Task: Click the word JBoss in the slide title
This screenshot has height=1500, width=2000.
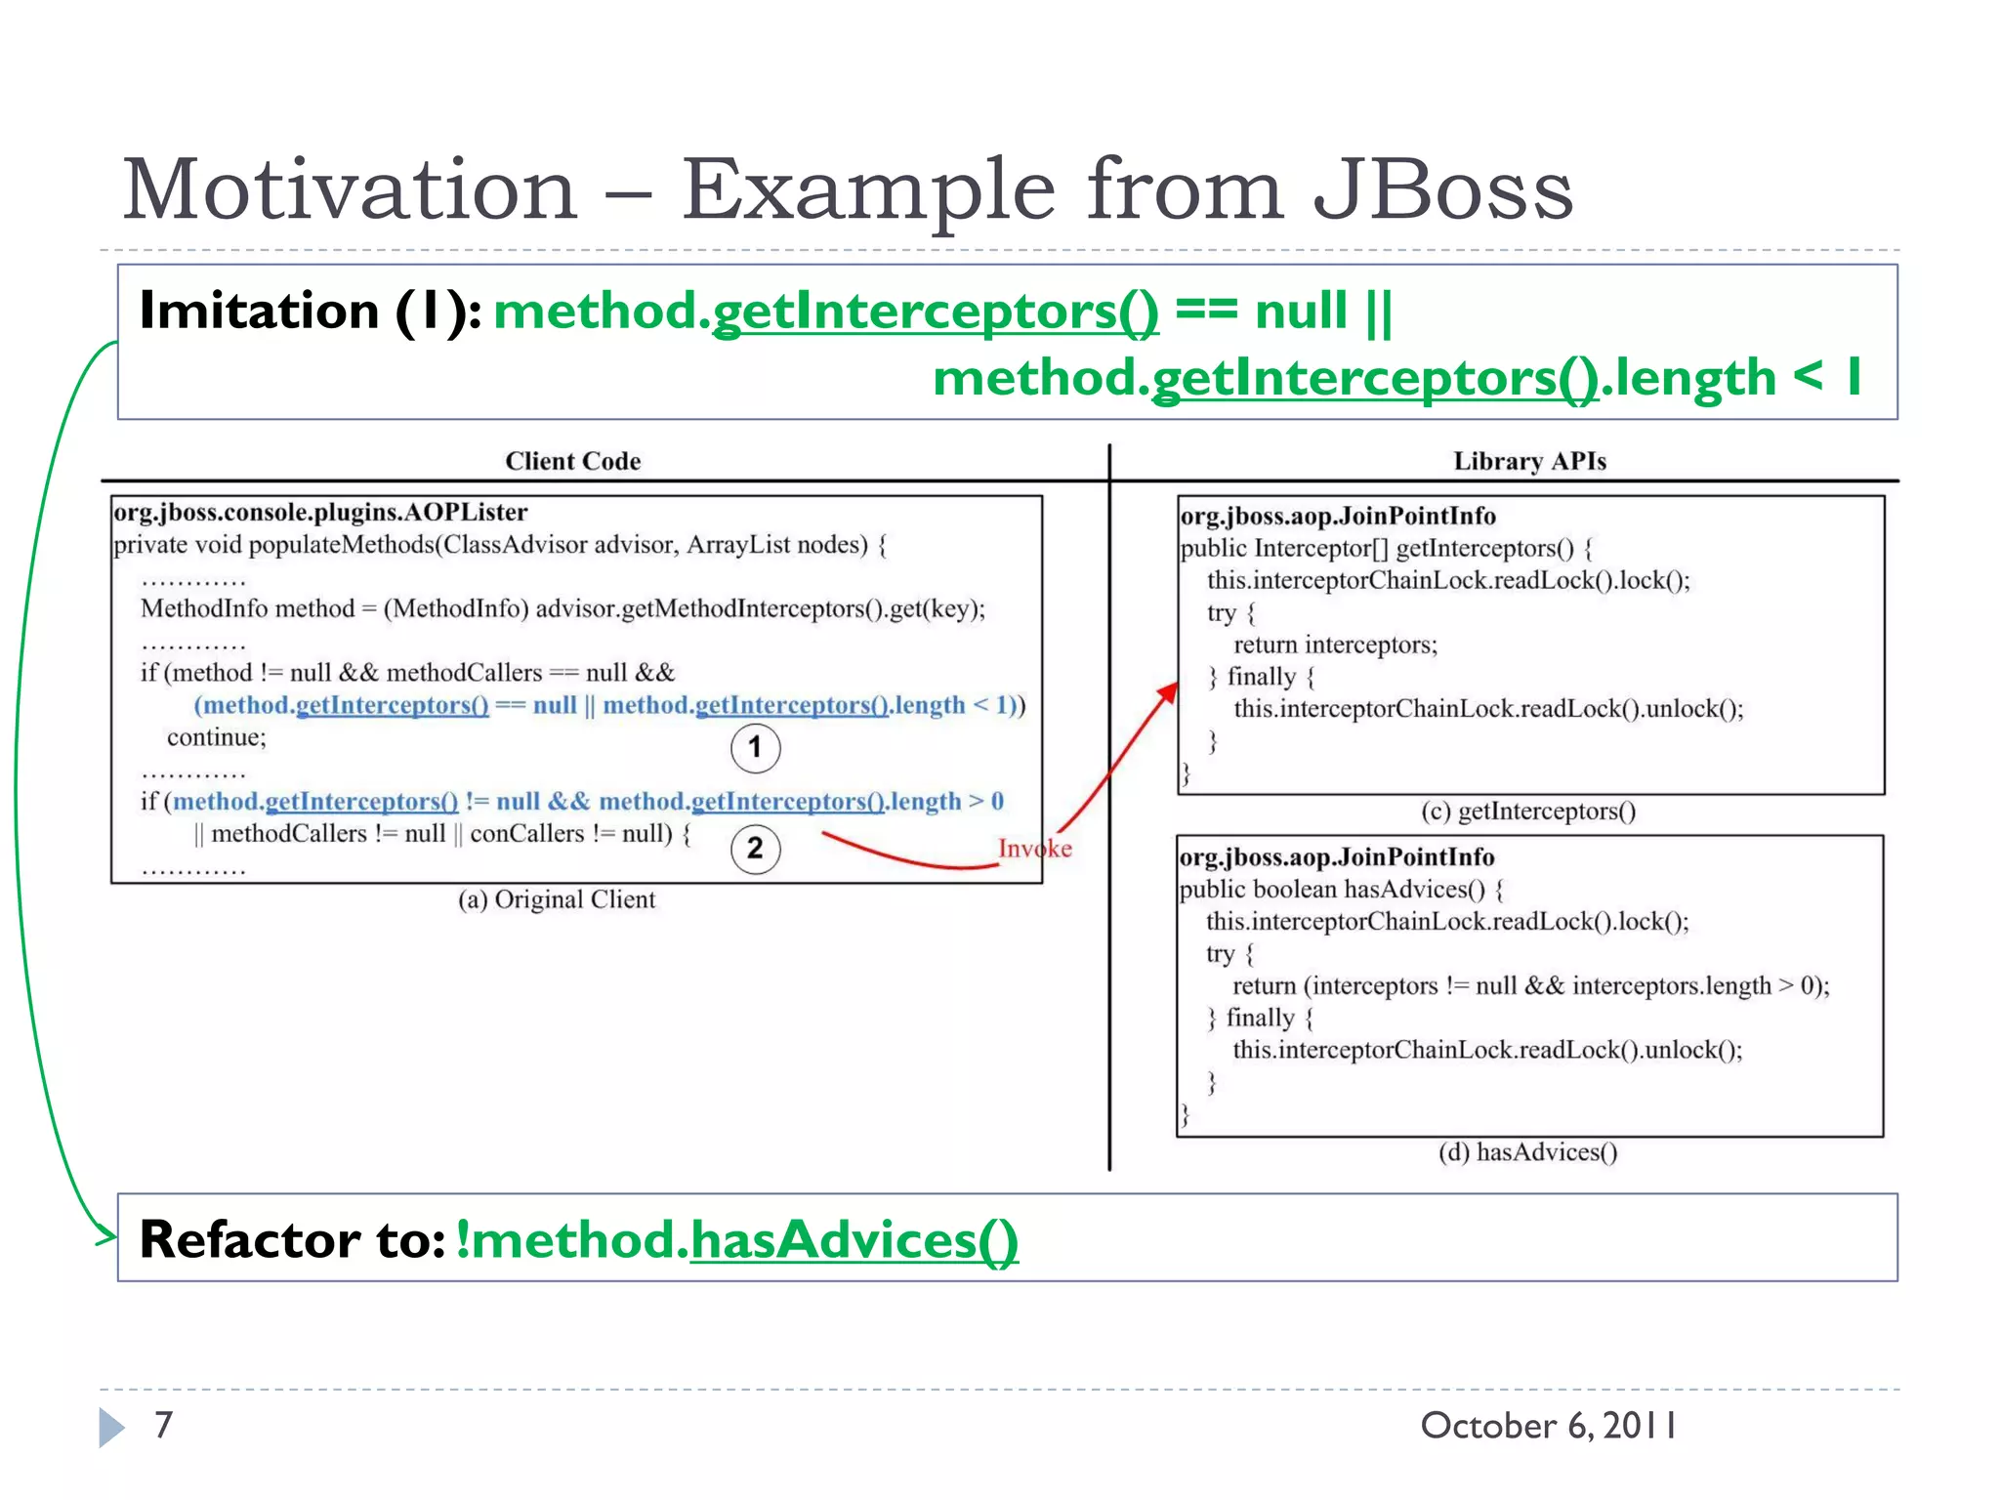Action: [1442, 190]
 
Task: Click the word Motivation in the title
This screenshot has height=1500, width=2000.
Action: [350, 190]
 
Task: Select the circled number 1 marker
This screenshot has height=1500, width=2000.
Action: [755, 748]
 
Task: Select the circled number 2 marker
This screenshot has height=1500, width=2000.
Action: [755, 849]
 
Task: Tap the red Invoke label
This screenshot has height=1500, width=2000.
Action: [1034, 849]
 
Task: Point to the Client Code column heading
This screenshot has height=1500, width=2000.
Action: [572, 461]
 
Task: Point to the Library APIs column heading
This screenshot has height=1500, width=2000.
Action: [1529, 461]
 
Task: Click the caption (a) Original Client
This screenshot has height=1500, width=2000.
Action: [557, 899]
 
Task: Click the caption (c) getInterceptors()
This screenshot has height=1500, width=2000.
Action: [1528, 811]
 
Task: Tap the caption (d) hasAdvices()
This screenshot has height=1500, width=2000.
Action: [1527, 1152]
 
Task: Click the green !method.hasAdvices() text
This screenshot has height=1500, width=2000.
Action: [736, 1239]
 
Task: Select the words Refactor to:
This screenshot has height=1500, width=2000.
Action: [292, 1239]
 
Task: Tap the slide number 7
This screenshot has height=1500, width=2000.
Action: [164, 1425]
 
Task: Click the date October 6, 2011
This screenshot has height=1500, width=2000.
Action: [1548, 1426]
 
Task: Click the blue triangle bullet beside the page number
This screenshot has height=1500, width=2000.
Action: [111, 1427]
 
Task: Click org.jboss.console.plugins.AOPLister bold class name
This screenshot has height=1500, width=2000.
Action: [320, 513]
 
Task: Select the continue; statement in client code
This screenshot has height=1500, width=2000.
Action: [216, 737]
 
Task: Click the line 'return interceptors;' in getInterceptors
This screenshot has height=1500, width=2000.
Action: [1335, 645]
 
